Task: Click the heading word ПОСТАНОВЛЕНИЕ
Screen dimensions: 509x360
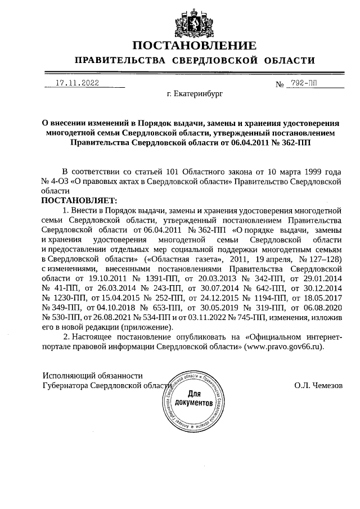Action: pos(195,45)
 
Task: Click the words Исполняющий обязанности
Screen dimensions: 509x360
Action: pos(93,375)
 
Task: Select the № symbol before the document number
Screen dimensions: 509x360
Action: pos(279,84)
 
